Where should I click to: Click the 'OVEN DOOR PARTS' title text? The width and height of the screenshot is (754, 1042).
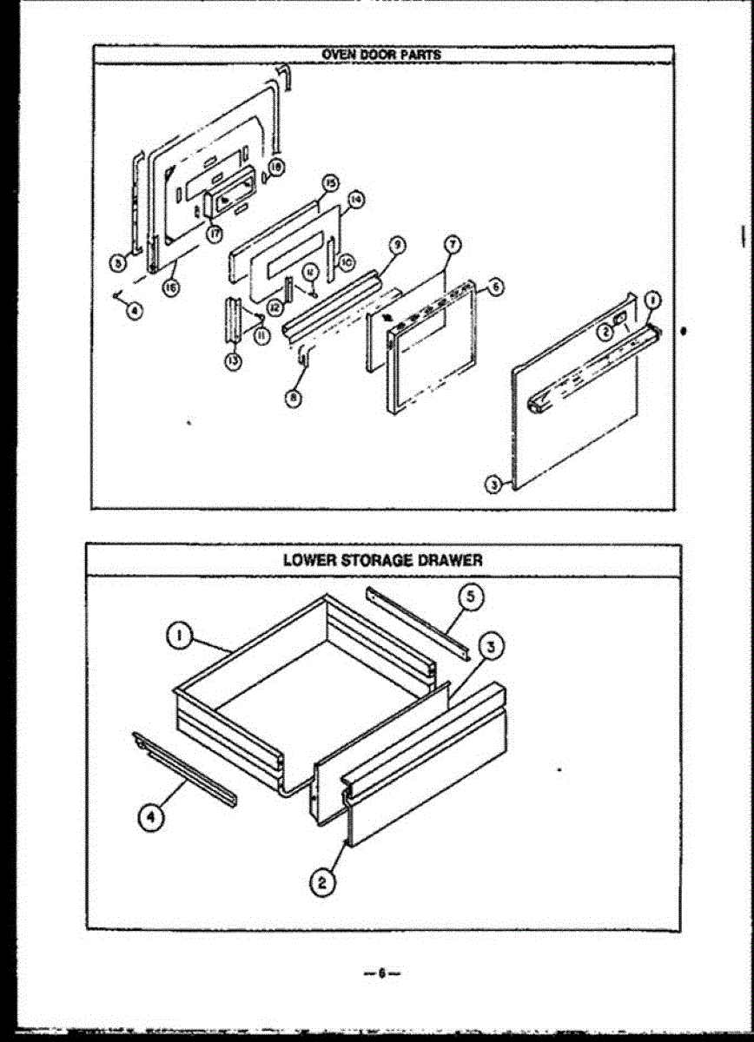(x=381, y=55)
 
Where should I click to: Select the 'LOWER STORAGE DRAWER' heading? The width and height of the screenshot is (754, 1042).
(x=382, y=560)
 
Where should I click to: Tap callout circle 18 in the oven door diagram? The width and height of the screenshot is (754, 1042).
(x=275, y=168)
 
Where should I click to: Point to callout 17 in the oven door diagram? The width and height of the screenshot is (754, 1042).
(x=215, y=234)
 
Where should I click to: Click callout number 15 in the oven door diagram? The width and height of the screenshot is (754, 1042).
(x=330, y=183)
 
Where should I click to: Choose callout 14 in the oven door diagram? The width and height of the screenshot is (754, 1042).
(x=355, y=201)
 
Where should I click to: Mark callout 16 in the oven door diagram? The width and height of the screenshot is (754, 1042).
(x=172, y=289)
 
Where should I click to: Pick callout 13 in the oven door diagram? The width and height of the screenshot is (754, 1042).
(x=233, y=362)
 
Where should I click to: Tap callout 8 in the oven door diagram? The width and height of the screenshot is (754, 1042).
(x=295, y=399)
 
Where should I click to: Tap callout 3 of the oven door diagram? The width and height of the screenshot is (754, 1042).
(x=493, y=485)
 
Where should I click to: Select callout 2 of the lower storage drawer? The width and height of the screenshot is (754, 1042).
(x=321, y=884)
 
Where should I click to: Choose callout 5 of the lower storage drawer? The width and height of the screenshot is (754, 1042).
(x=469, y=596)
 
